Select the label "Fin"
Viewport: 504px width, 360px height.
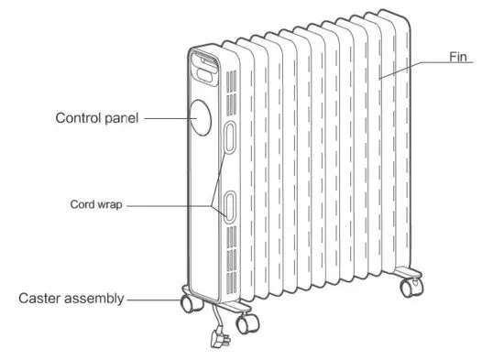click(459, 56)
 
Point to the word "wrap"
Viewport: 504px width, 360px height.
click(109, 205)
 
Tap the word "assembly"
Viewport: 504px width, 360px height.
click(95, 299)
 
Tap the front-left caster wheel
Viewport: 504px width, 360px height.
click(189, 303)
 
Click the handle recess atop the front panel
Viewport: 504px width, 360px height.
click(203, 63)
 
